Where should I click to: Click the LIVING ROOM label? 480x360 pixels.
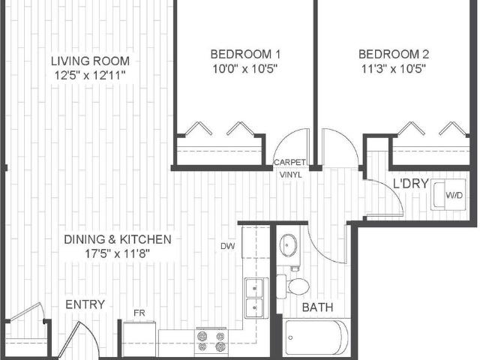pos(90,61)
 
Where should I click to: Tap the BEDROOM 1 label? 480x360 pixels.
pos(245,54)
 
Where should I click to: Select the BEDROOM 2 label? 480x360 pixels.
pos(393,54)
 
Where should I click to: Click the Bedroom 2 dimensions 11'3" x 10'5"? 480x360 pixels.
pos(393,68)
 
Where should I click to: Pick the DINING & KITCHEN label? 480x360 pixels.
pos(117,239)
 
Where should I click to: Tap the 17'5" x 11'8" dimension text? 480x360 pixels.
pos(117,253)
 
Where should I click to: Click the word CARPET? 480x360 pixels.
pos(289,162)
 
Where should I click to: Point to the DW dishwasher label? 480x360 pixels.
pos(227,246)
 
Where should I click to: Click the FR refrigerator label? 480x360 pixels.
pos(139,312)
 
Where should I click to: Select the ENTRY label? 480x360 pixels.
pos(85,304)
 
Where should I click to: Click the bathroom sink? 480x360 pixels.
pos(289,244)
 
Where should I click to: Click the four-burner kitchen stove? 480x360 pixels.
pos(211,341)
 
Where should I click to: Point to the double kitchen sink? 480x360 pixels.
pos(255,297)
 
